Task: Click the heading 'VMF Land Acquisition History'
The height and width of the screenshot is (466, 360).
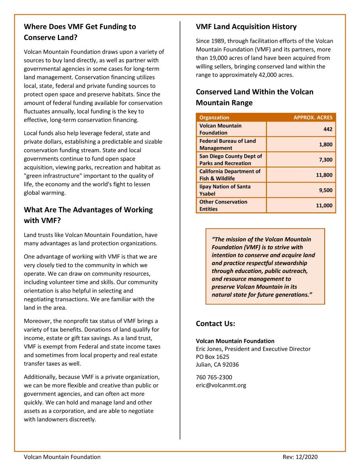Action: [246, 27]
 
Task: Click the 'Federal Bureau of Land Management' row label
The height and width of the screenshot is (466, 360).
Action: [228, 144]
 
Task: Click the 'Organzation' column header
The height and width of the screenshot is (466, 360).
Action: [214, 117]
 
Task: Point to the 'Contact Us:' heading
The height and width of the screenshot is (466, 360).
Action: [216, 323]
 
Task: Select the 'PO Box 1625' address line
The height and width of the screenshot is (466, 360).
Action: [212, 356]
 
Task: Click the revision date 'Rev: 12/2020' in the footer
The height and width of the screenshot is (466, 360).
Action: [300, 457]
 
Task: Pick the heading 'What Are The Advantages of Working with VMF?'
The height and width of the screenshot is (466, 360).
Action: [89, 215]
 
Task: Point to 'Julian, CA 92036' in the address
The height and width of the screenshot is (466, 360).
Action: [217, 365]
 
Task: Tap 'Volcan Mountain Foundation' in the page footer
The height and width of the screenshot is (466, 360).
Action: [62, 457]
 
